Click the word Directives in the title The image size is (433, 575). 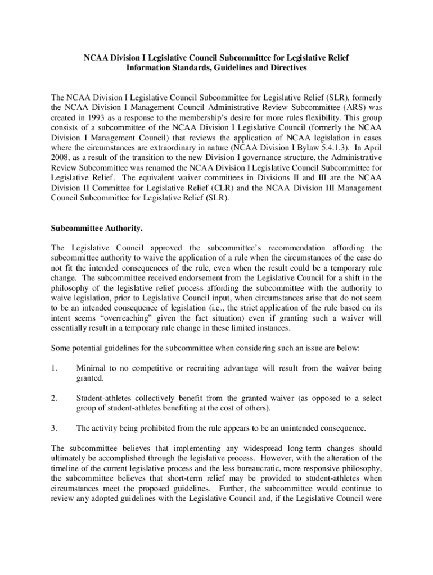pos(289,69)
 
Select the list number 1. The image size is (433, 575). pos(53,369)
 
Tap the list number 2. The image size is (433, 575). pos(53,399)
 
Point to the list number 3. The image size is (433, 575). pos(53,428)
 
